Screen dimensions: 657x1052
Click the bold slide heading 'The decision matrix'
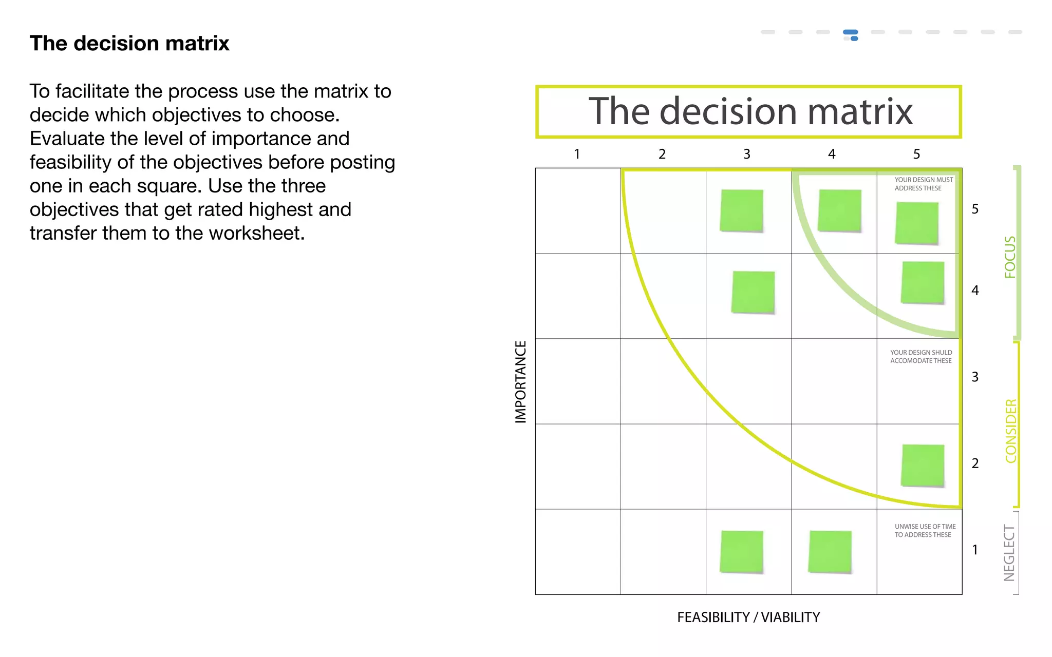(x=129, y=44)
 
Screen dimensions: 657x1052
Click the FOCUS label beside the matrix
(x=1010, y=257)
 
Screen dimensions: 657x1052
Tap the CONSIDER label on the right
(x=1011, y=431)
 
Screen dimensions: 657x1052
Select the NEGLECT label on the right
(x=1009, y=553)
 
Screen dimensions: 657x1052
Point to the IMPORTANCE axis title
(x=521, y=382)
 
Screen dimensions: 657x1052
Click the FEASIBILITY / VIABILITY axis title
(x=748, y=617)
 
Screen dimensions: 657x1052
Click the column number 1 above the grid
(x=577, y=154)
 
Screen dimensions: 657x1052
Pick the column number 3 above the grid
(x=747, y=154)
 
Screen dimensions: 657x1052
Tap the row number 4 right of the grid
(x=975, y=291)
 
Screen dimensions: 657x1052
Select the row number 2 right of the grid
(x=975, y=463)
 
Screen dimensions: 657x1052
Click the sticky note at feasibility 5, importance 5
(x=917, y=223)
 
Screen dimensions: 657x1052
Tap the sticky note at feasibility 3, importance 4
(x=753, y=292)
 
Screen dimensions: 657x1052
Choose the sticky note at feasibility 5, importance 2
(x=923, y=465)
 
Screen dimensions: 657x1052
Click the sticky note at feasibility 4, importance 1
(x=830, y=552)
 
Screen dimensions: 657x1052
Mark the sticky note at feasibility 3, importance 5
(x=742, y=211)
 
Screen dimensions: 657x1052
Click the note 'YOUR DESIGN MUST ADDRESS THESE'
(x=923, y=184)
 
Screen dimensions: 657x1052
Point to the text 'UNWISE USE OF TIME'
(x=925, y=527)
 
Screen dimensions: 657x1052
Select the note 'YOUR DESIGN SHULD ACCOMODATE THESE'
(x=921, y=357)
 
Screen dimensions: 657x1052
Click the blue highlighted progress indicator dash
(x=851, y=33)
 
